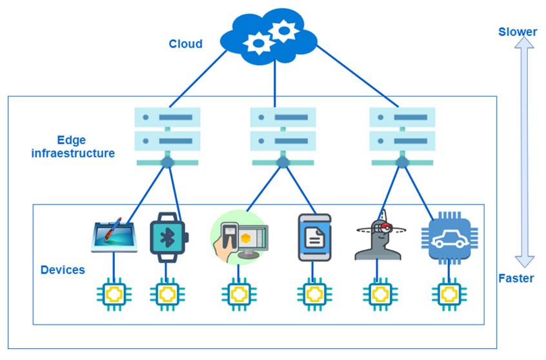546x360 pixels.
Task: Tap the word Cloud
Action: (185, 44)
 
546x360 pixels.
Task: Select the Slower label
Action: (518, 32)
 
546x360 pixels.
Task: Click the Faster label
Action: (516, 279)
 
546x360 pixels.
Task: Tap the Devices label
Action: (63, 270)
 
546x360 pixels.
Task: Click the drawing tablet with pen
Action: (114, 237)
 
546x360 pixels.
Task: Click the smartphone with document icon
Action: (314, 237)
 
